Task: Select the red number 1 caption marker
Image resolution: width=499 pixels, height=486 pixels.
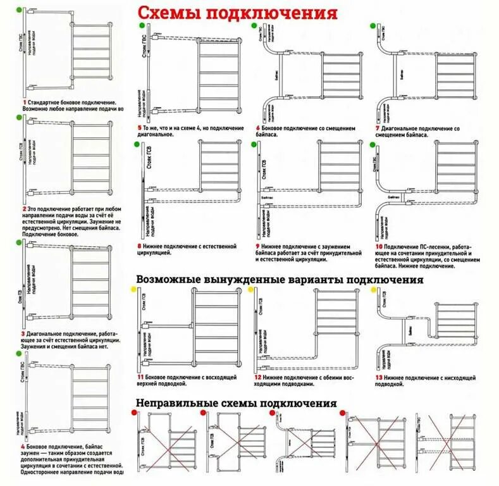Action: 24,102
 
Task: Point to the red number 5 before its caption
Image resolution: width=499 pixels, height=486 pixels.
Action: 138,128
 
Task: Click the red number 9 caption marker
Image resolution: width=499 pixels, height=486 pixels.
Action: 258,246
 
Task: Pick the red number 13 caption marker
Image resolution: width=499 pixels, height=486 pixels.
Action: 377,377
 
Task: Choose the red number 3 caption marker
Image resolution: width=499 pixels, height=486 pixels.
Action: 24,333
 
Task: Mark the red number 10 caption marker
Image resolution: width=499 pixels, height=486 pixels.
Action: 378,246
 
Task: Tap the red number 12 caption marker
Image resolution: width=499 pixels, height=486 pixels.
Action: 259,377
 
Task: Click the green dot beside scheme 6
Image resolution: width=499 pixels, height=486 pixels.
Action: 255,26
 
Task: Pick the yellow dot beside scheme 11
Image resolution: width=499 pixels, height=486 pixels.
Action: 133,289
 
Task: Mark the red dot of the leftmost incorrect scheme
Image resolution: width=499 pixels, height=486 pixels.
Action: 135,413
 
